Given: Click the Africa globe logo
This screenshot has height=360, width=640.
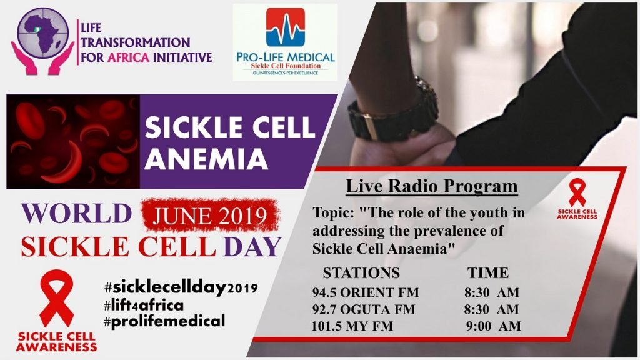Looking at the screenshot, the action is pos(42,41).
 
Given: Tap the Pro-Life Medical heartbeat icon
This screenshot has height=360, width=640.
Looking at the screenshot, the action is pos(285,27).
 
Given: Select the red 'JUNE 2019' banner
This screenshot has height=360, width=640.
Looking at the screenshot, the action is pos(210,216).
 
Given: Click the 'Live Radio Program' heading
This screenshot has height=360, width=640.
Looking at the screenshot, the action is pos(431,186).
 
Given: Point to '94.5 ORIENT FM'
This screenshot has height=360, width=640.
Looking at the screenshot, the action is pos(365,292).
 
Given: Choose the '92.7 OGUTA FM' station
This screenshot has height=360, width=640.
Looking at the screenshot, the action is pos(363,309).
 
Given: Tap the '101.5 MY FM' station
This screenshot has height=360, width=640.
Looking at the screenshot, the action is pos(352,326).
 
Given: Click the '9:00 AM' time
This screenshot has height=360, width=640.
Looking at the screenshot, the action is pos(494,326).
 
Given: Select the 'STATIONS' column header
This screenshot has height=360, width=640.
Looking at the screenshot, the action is pos(361,272).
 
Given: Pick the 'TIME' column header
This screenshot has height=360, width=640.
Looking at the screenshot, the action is pos(487,272).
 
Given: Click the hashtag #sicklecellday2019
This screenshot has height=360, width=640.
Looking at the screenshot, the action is pos(181,287).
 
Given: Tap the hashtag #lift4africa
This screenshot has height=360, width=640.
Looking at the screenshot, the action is pos(144,305).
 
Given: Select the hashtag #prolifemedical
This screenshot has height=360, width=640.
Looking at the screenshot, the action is pos(164,321).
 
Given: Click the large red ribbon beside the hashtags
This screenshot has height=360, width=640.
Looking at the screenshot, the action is pos(57,298).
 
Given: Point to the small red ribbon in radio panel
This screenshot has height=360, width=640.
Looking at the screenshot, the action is pos(577,192).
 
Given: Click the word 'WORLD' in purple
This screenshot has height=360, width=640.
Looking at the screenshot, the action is pos(76,214).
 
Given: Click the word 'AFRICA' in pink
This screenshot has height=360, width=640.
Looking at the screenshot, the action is pos(129,57).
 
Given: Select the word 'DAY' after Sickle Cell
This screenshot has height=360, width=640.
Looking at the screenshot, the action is pos(252,247).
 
